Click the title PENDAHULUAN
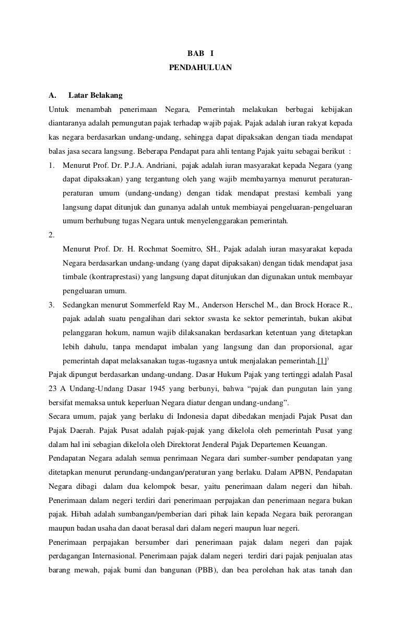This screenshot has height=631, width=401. (x=200, y=68)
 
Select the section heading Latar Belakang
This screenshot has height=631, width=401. (x=95, y=96)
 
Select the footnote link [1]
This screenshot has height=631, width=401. (x=322, y=361)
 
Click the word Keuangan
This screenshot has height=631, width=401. (x=311, y=444)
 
